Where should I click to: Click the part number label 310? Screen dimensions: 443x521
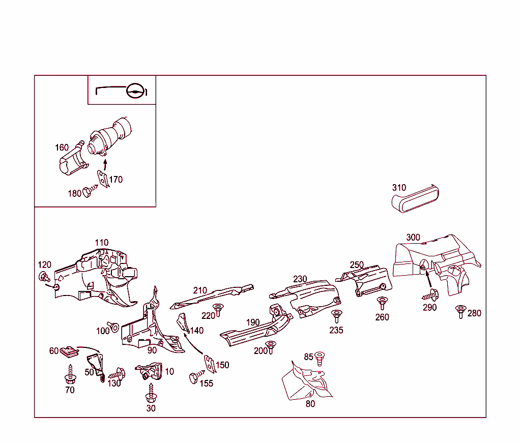(399, 188)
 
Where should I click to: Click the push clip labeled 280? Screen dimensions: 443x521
(461, 311)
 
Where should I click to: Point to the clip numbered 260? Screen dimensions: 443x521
(382, 303)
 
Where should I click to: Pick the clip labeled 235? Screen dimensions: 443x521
(336, 315)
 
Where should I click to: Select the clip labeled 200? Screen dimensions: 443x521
(271, 346)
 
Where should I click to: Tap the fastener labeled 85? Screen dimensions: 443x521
(320, 358)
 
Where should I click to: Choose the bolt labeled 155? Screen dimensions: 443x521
(194, 378)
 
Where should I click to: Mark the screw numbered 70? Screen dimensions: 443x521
(70, 376)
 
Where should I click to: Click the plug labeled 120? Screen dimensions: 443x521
(44, 277)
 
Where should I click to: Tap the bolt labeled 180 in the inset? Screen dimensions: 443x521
(89, 192)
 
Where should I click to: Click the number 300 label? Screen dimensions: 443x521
(413, 238)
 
